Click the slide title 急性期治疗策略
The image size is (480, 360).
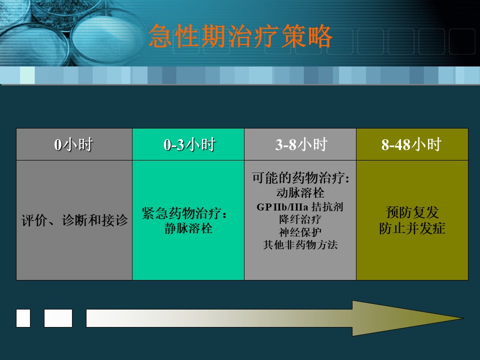[x=240, y=36]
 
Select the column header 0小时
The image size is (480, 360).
[x=73, y=144]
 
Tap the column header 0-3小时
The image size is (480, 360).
[x=189, y=144]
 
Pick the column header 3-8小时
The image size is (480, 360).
[x=301, y=144]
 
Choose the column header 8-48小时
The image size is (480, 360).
[x=411, y=144]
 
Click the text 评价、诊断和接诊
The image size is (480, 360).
[x=74, y=220]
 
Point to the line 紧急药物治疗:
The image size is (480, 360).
[x=184, y=213]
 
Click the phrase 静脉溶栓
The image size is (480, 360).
[x=188, y=228]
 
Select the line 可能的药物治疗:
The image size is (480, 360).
[x=300, y=177]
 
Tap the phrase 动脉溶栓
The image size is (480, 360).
[x=300, y=193]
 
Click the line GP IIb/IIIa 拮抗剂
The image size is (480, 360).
[x=300, y=207]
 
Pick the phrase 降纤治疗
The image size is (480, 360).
[x=300, y=219]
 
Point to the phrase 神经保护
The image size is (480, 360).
[x=300, y=232]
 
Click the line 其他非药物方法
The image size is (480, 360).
[x=300, y=245]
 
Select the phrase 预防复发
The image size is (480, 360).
[x=412, y=212]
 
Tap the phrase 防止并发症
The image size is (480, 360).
[x=412, y=228]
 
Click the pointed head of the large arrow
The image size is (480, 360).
[x=463, y=318]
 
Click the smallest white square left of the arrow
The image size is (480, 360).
[x=23, y=318]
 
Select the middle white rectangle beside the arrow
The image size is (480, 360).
[x=58, y=318]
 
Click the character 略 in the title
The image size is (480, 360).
[x=320, y=36]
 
